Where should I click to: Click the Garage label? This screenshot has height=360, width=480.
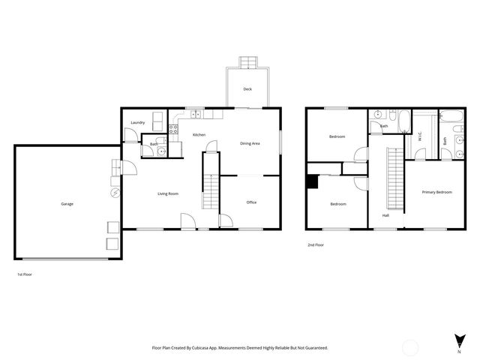coord(67,204)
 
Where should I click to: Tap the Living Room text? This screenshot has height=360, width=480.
coord(168,194)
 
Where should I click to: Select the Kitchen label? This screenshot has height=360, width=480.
coord(199,135)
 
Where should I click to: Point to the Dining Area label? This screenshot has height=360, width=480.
coord(250,143)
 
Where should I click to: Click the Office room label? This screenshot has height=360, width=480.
coord(252,202)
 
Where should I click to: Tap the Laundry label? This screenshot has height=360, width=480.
coord(137,122)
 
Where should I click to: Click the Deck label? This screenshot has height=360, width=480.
coord(247,89)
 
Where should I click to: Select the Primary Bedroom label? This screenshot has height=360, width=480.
coord(436,193)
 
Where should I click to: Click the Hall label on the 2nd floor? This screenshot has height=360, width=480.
coord(385,215)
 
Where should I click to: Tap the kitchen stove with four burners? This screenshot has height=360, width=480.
coord(175,129)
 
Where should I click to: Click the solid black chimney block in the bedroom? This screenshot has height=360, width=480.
coord(311,181)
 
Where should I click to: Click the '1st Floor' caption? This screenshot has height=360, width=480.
coord(25,274)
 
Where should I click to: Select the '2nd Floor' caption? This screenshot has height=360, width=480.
coord(316,245)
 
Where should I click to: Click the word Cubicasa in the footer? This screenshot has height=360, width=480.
coord(203,348)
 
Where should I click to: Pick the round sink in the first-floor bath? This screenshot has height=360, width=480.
coord(161,151)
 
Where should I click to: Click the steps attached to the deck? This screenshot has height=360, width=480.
coord(247,61)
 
